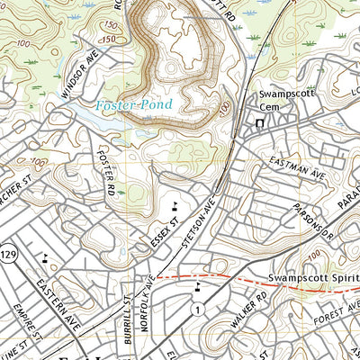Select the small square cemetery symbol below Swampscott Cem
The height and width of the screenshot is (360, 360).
(x=260, y=123)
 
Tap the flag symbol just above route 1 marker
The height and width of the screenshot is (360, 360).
(x=197, y=289)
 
